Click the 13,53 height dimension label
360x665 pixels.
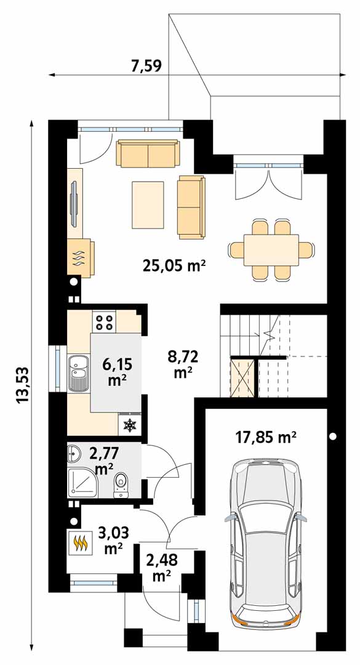click(x=23, y=384)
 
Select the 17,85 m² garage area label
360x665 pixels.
click(x=266, y=437)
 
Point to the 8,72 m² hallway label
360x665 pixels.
click(x=183, y=363)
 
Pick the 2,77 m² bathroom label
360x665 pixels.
click(x=104, y=461)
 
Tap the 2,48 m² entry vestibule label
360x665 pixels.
click(x=162, y=568)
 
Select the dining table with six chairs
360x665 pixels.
click(x=271, y=250)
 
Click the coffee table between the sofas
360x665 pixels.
click(x=148, y=205)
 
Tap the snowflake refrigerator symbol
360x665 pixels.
click(x=129, y=425)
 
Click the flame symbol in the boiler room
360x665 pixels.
click(x=81, y=542)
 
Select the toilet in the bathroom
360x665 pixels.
click(x=121, y=485)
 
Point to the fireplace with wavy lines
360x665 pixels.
click(x=81, y=258)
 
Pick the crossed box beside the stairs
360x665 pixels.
click(x=242, y=377)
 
